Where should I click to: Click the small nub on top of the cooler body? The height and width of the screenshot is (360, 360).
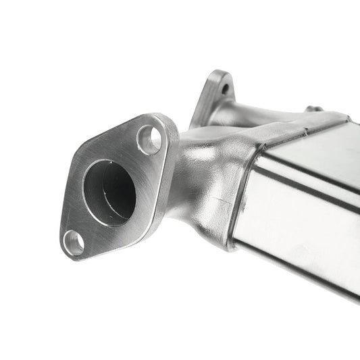tap(312, 109)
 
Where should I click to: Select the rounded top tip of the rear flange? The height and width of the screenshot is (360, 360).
tap(217, 73)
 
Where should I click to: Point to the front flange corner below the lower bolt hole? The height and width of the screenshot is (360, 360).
tap(68, 255)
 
